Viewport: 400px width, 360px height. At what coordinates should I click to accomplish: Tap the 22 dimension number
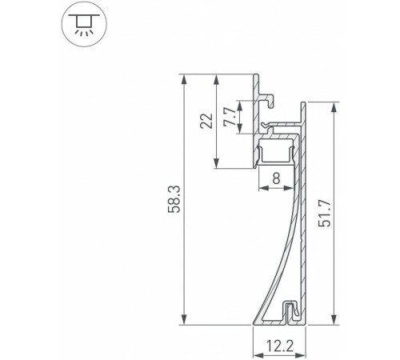click(206, 122)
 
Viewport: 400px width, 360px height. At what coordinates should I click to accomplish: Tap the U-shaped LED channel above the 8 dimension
click(277, 150)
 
